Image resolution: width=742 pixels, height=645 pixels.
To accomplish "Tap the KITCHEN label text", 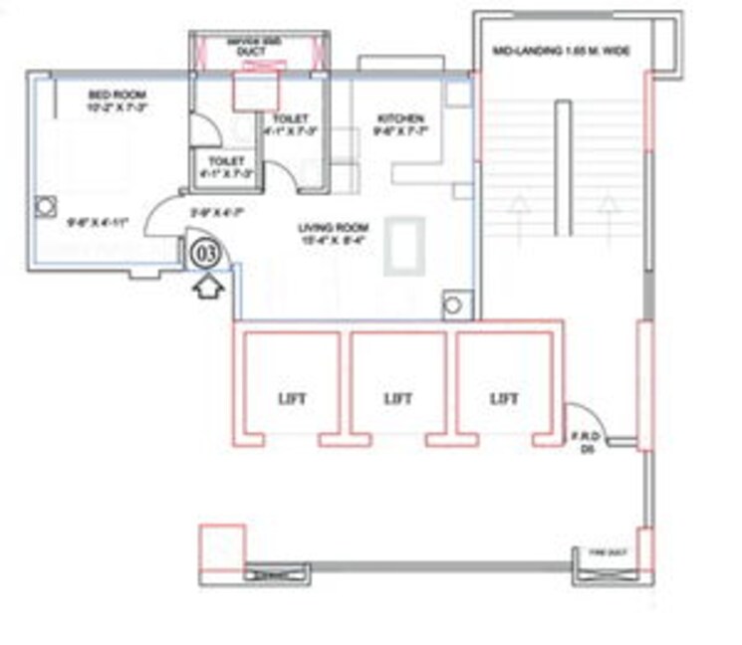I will [x=391, y=115].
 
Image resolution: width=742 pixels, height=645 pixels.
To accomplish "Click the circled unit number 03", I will [x=205, y=252].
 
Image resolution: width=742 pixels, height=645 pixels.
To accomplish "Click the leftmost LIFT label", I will [x=292, y=398].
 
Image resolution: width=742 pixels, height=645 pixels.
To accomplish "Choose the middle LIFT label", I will [x=398, y=398].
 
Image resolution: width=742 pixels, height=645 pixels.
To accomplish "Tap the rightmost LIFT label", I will [x=504, y=398].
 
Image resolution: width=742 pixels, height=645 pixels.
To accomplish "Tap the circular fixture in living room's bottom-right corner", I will [x=455, y=305].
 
